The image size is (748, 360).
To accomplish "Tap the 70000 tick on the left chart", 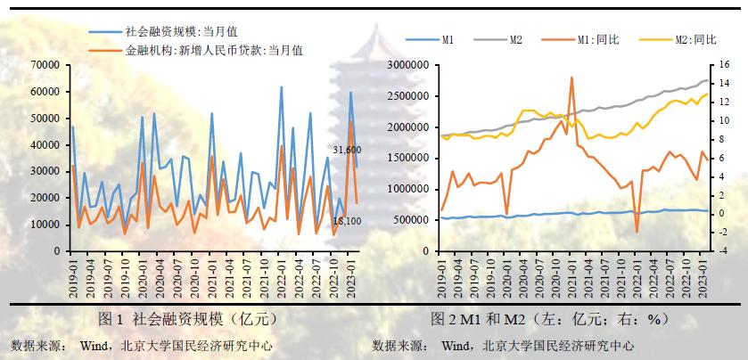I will tap(45, 65).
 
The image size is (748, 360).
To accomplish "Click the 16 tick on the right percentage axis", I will tap(717, 65).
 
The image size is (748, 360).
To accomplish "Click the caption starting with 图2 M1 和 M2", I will tap(549, 318).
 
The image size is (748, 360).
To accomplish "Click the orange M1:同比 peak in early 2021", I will tap(571, 77).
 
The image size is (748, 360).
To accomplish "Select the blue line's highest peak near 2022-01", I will tap(282, 87).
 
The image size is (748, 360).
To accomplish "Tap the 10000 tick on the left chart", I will tap(45, 225).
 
